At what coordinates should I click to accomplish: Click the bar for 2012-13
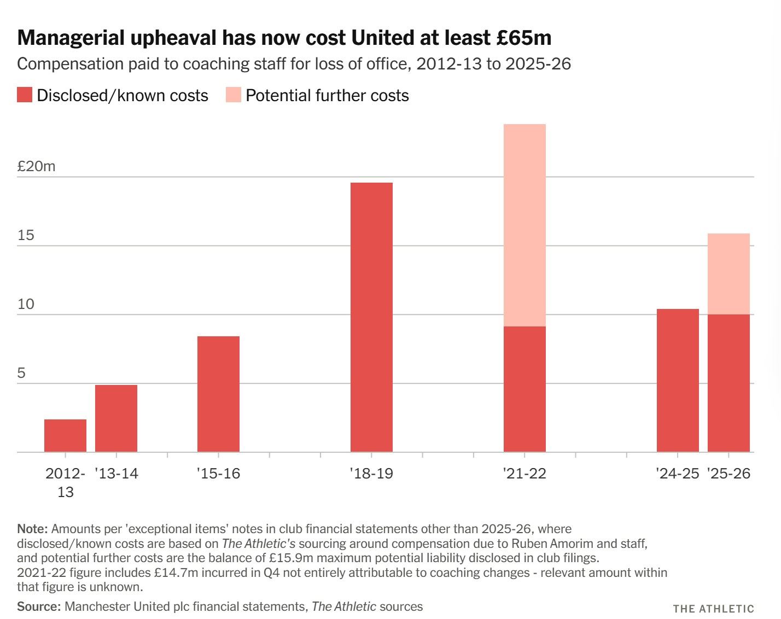point(65,435)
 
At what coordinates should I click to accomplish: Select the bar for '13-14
point(116,418)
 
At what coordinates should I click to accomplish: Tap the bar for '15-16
point(218,394)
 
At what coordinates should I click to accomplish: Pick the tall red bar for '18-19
point(371,317)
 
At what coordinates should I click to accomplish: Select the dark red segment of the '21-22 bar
point(524,389)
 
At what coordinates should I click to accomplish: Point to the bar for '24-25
point(678,380)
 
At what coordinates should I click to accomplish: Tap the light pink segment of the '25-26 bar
point(728,274)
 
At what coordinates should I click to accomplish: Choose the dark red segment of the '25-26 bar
point(728,383)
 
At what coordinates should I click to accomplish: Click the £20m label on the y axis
point(36,166)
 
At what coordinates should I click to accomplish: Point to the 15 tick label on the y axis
point(26,235)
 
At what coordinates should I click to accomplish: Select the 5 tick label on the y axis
point(21,373)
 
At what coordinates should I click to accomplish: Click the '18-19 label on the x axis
point(371,473)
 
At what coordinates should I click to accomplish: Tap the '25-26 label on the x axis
point(728,473)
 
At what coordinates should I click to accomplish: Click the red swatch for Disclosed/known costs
point(25,95)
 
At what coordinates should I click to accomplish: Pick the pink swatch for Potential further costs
point(234,95)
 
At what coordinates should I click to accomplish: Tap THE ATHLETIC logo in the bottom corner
point(713,609)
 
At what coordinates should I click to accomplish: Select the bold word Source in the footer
point(38,606)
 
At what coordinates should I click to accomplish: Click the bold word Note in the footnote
point(33,529)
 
